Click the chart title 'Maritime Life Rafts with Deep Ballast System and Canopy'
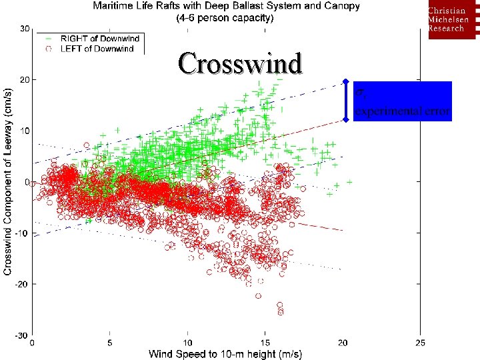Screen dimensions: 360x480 click(x=226, y=6)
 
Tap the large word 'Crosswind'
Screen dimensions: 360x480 click(x=240, y=63)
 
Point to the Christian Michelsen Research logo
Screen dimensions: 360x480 click(x=451, y=20)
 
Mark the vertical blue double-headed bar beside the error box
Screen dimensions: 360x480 click(x=345, y=101)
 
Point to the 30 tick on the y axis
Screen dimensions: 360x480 click(x=24, y=29)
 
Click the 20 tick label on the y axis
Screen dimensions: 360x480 click(x=24, y=80)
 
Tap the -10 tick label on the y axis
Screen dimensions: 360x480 click(x=22, y=233)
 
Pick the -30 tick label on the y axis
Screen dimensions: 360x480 click(x=22, y=335)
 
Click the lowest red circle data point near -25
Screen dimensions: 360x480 click(x=281, y=311)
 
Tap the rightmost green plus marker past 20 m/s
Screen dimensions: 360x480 click(x=349, y=181)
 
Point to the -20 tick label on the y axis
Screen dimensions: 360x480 click(x=22, y=284)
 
